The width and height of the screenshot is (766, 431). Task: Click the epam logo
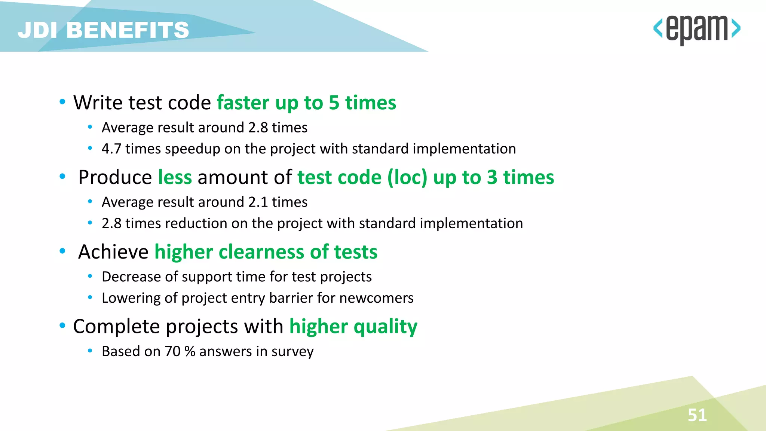[696, 29]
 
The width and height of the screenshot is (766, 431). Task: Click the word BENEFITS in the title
[128, 30]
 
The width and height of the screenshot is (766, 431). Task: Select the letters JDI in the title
[37, 30]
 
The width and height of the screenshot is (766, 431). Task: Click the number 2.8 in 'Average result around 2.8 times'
[258, 128]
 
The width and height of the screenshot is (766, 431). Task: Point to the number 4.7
[111, 149]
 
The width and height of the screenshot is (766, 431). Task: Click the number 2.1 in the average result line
[258, 202]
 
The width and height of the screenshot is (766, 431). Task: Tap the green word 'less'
[175, 177]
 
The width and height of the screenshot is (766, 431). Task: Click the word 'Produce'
[115, 177]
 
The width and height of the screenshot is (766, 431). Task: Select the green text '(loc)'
[407, 177]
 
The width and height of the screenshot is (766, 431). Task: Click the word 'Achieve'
[113, 252]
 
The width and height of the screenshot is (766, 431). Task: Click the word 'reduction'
[196, 224]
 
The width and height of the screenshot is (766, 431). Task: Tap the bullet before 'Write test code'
[62, 102]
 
